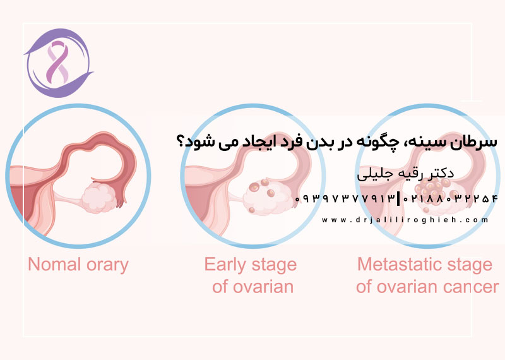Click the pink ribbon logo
[x=57, y=62]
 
